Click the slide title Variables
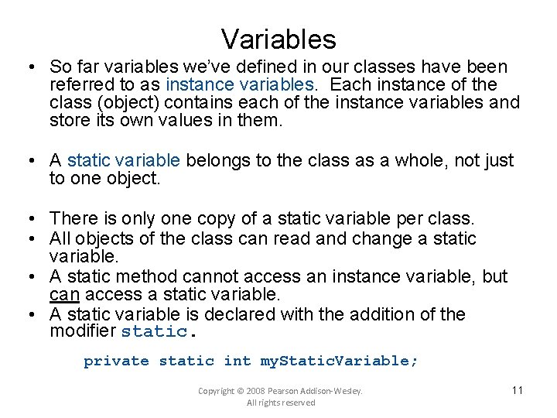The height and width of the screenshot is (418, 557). [x=278, y=38]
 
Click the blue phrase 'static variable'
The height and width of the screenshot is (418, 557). [x=124, y=160]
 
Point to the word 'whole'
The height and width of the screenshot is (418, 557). [x=422, y=160]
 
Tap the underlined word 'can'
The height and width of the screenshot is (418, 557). [x=63, y=295]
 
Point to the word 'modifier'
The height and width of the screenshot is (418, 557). [x=82, y=332]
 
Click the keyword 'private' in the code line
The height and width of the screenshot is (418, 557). [x=116, y=361]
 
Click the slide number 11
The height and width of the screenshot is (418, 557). [x=518, y=390]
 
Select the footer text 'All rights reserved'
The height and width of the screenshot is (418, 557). [x=280, y=403]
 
